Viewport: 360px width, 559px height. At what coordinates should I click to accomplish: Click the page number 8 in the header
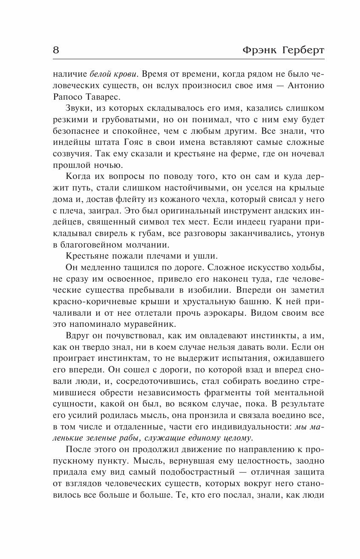click(x=56, y=50)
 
